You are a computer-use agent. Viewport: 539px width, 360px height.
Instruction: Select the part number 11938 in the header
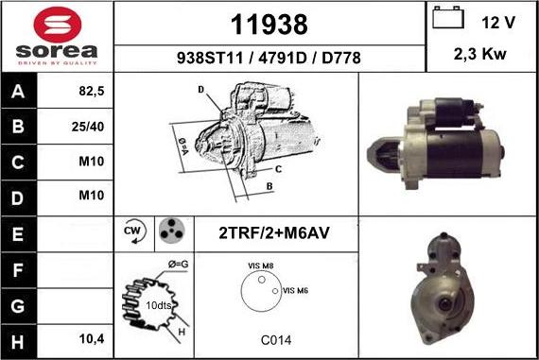[x=269, y=23]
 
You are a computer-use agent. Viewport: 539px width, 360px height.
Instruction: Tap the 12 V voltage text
[x=497, y=22]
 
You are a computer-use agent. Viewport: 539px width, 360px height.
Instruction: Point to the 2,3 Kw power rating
[x=480, y=55]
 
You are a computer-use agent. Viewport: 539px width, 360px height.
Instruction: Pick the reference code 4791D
[x=281, y=58]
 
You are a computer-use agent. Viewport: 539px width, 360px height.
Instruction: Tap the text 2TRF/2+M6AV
[x=273, y=232]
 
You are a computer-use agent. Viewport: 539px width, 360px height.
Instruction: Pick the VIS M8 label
[x=260, y=266]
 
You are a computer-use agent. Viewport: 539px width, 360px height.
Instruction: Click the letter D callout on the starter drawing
[x=200, y=90]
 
